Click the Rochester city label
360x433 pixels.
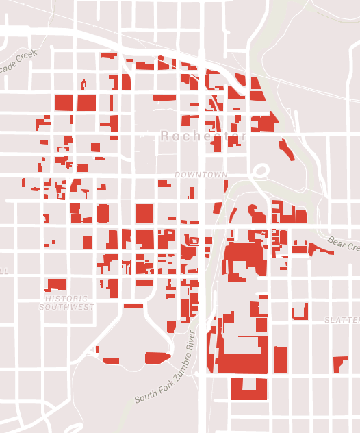pos(203,137)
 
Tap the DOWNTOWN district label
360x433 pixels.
pos(201,175)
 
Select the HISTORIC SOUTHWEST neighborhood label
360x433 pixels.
pos(66,303)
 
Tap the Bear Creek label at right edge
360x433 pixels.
pos(344,243)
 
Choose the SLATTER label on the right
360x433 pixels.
pos(342,321)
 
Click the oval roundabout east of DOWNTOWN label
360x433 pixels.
pos(260,171)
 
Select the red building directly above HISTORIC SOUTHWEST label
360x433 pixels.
pos(55,284)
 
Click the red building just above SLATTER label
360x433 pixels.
pos(300,312)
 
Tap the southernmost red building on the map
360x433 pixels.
pos(248,388)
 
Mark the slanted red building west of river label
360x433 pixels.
pos(157,358)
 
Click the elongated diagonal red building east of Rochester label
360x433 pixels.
pos(286,149)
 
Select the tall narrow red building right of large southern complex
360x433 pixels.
pos(280,360)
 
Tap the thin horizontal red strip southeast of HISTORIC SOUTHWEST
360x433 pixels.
pos(133,306)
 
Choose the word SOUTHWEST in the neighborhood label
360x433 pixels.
pos(66,307)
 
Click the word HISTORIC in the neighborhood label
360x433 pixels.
pos(66,299)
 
